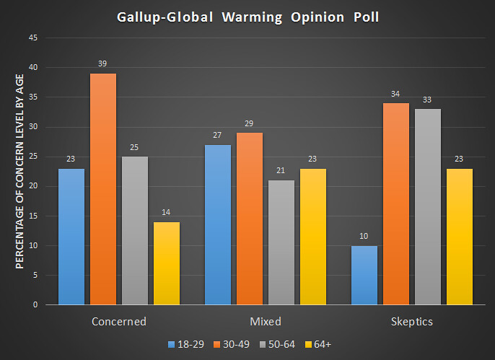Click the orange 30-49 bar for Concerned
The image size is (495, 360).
click(103, 189)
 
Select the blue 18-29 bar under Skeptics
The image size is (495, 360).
click(364, 275)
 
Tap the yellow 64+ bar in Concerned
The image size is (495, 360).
click(167, 263)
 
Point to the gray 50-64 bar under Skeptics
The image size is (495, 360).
click(427, 206)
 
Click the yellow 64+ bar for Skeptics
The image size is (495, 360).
click(459, 237)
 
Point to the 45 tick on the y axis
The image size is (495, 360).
click(33, 38)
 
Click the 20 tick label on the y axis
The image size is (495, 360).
click(33, 186)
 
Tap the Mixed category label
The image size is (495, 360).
click(264, 321)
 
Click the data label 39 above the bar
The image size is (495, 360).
click(103, 64)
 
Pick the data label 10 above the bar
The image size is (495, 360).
click(364, 236)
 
